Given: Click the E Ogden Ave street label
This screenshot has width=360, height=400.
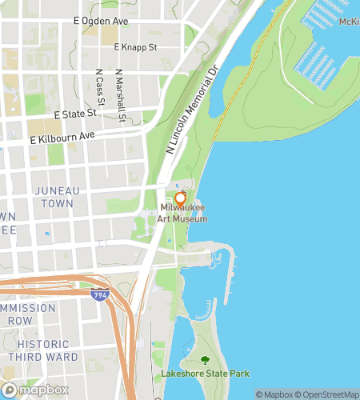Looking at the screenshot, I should click(102, 18).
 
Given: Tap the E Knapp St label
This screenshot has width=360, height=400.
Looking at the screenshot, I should click(135, 47).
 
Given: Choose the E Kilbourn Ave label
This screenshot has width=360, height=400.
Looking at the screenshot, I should click(62, 138).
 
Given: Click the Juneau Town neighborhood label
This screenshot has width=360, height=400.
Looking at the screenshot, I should click(54, 197).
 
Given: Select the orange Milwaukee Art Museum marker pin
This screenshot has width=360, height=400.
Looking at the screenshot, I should click(180, 198).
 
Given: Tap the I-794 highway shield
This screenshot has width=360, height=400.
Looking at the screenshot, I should click(99, 294).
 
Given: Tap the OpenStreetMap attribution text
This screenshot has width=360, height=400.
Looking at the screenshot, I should click(329, 394).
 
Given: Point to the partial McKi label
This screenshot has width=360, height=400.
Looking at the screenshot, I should click(349, 22).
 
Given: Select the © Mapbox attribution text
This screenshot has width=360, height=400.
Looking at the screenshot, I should click(275, 394).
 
